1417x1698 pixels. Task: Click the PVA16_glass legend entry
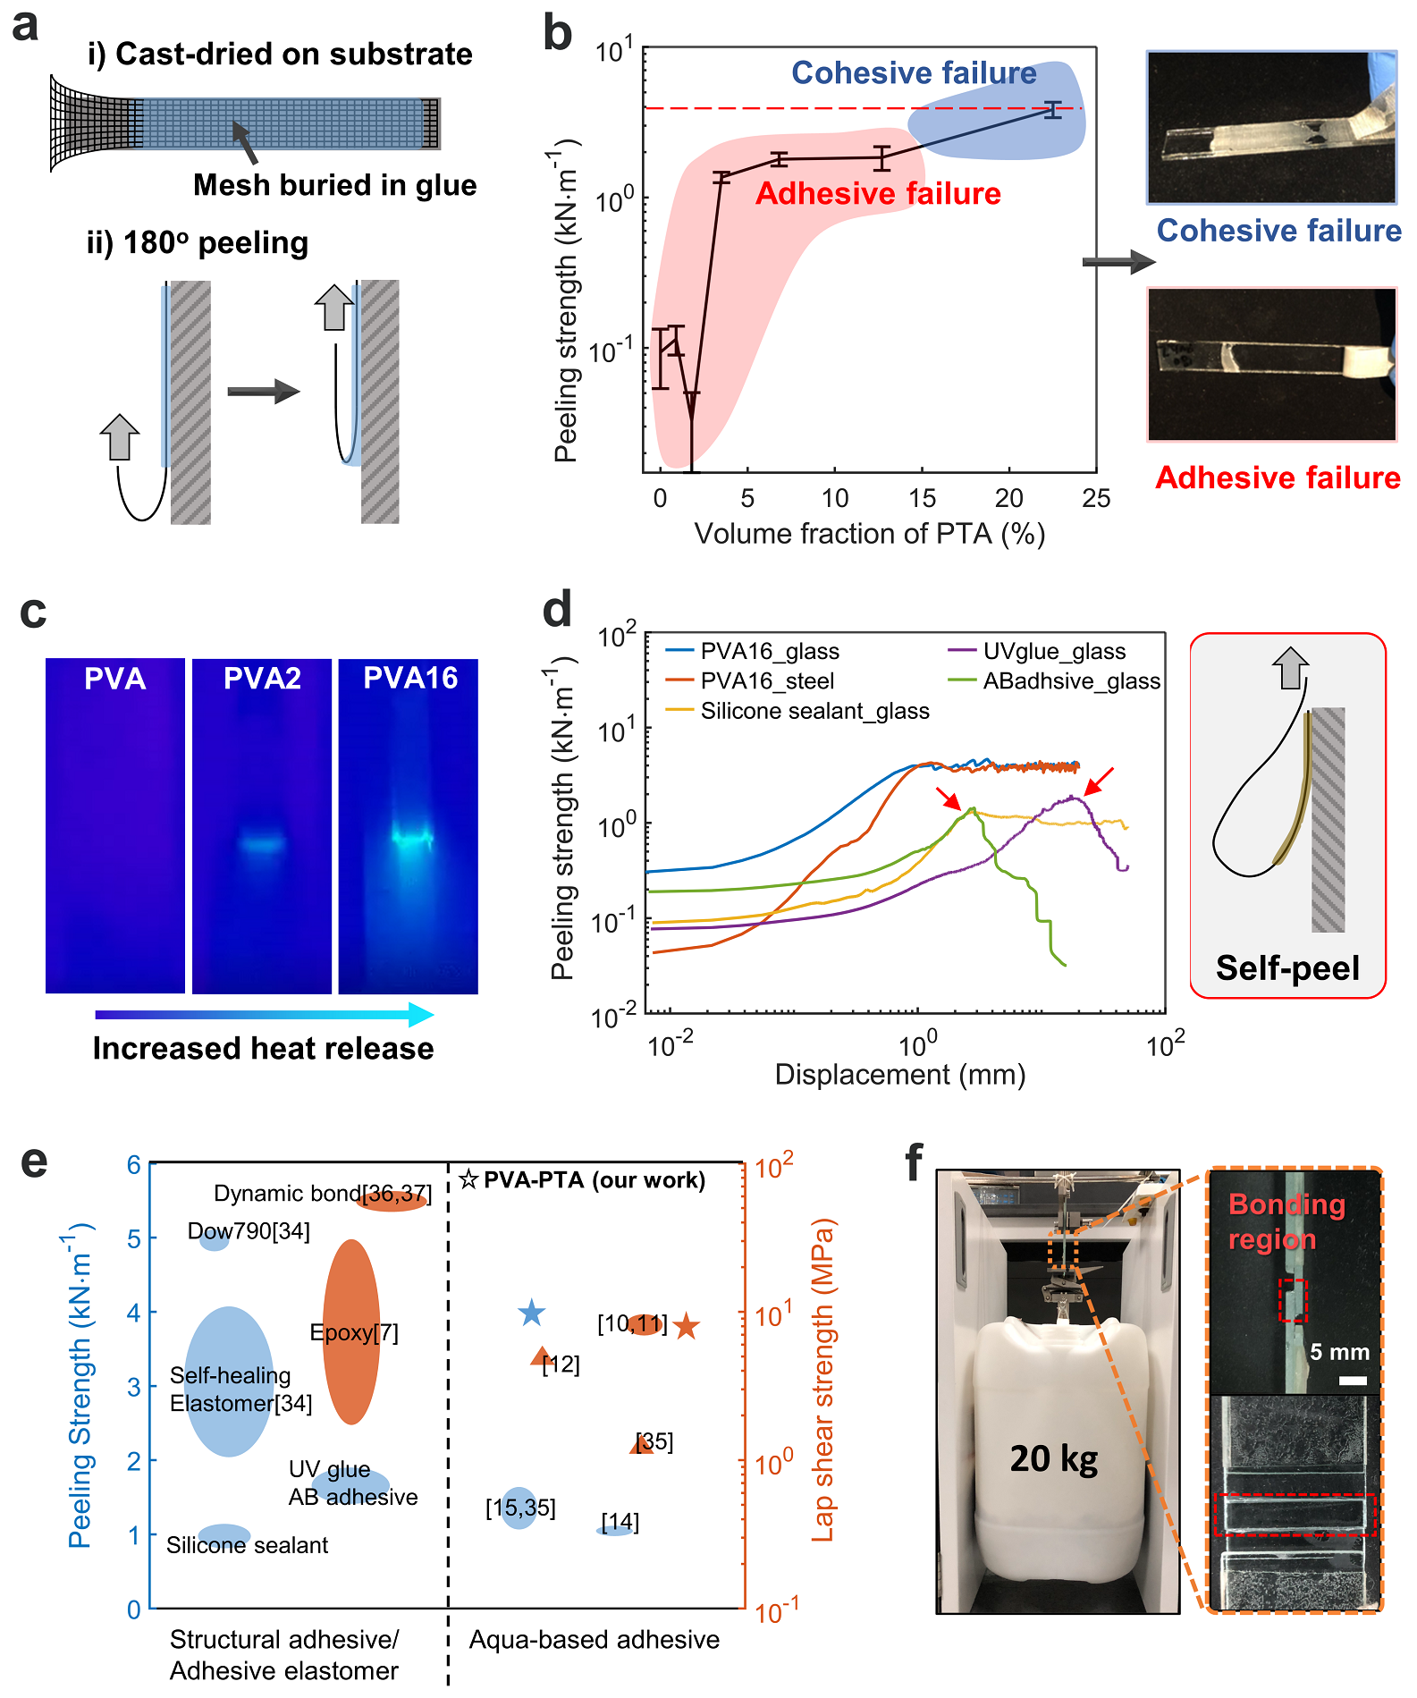(x=769, y=651)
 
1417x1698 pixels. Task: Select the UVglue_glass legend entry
(x=1053, y=651)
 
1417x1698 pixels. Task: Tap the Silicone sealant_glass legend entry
(x=814, y=711)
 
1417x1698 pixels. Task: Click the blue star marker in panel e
(x=532, y=1313)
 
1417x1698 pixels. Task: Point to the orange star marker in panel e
(x=686, y=1326)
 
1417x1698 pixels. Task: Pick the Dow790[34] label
(x=249, y=1231)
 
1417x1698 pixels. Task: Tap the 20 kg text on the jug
(x=1054, y=1458)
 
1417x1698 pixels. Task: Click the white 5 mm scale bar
(x=1353, y=1381)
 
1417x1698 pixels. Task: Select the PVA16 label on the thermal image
(x=410, y=678)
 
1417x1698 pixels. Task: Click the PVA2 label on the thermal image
(x=262, y=679)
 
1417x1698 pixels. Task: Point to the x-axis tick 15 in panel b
(x=922, y=498)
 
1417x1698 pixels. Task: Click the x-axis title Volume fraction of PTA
(x=869, y=534)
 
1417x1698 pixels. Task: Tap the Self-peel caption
(x=1287, y=968)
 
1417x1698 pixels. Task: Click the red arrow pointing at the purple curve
(x=1099, y=781)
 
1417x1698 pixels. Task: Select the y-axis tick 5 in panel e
(x=134, y=1238)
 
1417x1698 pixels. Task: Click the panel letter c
(x=33, y=612)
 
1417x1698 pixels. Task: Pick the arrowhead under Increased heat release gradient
(x=422, y=1014)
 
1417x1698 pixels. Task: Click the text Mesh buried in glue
(x=334, y=185)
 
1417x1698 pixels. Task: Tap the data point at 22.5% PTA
(x=1053, y=110)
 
